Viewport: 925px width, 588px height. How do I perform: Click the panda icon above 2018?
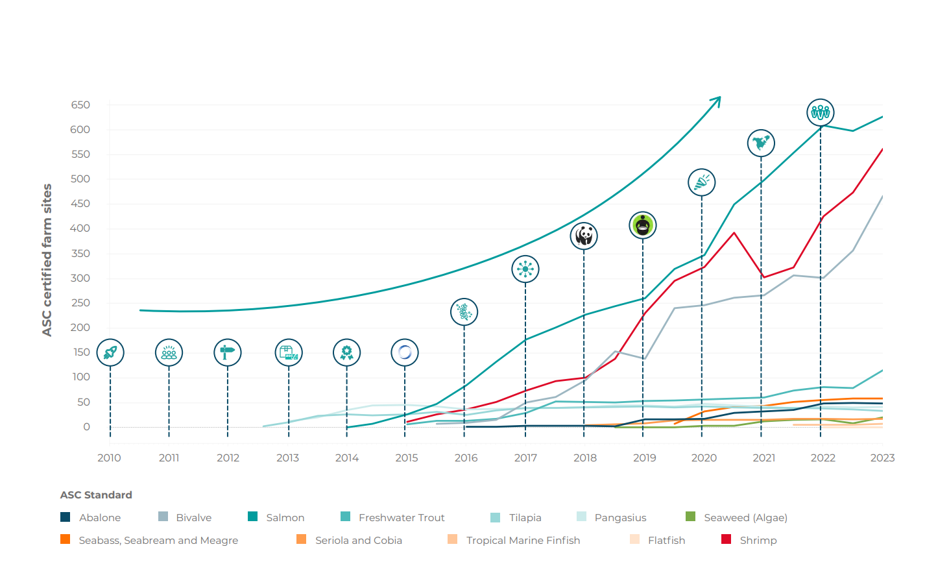coord(584,236)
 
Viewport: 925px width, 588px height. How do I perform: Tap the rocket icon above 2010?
coord(110,352)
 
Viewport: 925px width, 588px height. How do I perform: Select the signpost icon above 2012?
coord(228,352)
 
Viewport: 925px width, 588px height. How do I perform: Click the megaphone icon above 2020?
coord(702,182)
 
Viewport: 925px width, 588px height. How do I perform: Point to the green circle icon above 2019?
coord(643,225)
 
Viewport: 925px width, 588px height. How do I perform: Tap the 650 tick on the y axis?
coord(80,105)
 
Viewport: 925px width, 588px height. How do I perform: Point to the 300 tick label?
coord(80,278)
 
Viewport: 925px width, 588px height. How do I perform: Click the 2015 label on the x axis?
coord(407,458)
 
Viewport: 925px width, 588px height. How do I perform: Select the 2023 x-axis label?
coord(882,458)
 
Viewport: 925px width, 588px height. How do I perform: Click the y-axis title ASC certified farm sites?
coord(47,260)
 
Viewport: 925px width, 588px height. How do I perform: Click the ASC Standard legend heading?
coord(96,495)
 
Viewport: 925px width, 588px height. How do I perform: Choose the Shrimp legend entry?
coord(758,540)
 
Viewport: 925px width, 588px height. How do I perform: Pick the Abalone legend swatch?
coord(66,517)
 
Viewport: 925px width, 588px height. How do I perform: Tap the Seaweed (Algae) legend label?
coord(745,518)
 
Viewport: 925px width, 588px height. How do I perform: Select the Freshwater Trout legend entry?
coord(401,518)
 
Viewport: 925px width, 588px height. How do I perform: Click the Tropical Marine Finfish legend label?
coord(523,540)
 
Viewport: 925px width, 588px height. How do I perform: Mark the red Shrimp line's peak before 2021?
coord(734,233)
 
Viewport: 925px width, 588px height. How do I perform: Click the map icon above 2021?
coord(761,143)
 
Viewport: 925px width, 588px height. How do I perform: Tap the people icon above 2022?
coord(821,112)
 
